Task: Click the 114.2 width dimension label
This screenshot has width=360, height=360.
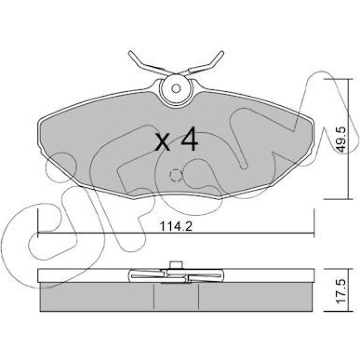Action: [x=176, y=226]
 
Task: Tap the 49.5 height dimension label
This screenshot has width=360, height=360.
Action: [x=340, y=140]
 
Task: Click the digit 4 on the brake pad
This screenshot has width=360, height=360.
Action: [x=189, y=139]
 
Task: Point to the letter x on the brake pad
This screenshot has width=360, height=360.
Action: [x=163, y=142]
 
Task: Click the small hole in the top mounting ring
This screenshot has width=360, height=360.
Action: [x=176, y=88]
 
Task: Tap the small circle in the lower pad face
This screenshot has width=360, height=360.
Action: [x=176, y=176]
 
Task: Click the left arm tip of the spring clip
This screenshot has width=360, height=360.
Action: [x=130, y=52]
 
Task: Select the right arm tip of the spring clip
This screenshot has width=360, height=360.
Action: [x=222, y=52]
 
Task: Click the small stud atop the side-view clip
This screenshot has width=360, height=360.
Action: [x=176, y=265]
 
